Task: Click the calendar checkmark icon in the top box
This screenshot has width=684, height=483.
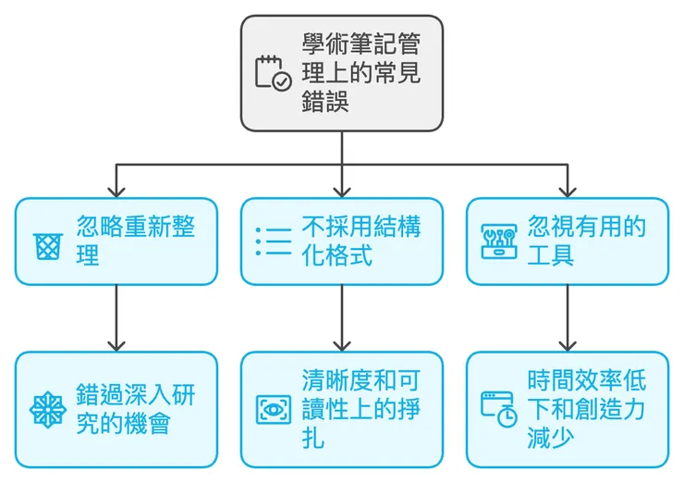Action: point(273,72)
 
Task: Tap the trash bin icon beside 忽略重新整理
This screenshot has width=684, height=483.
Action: point(46,244)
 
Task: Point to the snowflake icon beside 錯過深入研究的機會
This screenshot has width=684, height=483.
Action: point(46,408)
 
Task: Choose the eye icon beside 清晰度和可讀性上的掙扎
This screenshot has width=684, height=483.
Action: point(273,408)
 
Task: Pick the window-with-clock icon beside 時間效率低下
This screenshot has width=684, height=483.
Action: point(499,408)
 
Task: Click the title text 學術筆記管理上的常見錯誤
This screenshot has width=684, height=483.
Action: point(360,72)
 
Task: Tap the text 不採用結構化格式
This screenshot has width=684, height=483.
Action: point(361,241)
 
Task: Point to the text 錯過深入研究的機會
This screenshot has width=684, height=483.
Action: point(135,408)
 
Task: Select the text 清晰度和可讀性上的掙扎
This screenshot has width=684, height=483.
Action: point(361,408)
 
